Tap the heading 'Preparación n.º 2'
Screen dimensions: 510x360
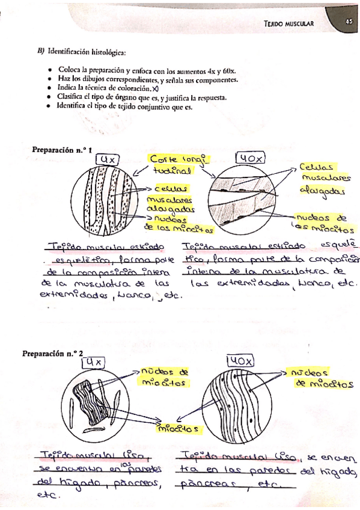click(x=53, y=354)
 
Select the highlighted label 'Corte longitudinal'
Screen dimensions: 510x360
click(x=174, y=164)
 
